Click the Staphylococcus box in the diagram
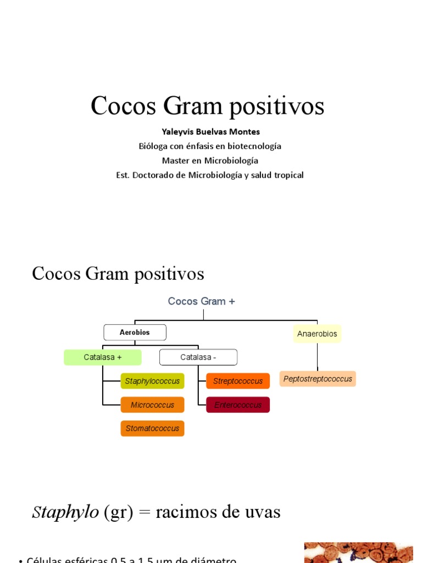(x=152, y=381)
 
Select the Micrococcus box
(x=152, y=405)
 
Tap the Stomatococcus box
(x=152, y=428)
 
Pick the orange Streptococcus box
(x=238, y=381)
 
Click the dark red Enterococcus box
(x=238, y=405)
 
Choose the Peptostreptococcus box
(x=318, y=379)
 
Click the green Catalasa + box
(x=103, y=357)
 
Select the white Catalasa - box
(x=198, y=357)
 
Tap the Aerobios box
(x=135, y=333)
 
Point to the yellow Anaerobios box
(x=317, y=334)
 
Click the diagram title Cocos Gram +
(x=201, y=301)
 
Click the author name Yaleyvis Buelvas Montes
(x=210, y=132)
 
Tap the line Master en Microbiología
(x=210, y=161)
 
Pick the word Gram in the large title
(x=193, y=106)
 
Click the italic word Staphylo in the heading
(x=65, y=512)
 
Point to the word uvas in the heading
(x=263, y=512)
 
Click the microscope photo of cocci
(x=358, y=553)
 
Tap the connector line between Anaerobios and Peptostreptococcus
(x=317, y=357)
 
